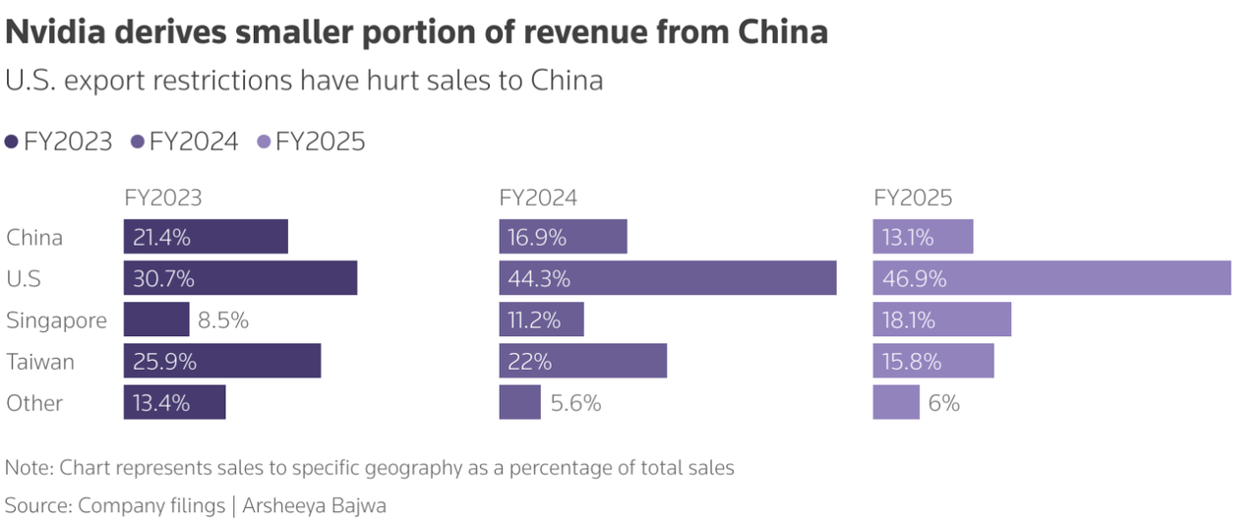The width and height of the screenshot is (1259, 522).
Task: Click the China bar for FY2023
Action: point(206,237)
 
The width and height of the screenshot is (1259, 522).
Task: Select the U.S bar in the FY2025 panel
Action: point(1051,278)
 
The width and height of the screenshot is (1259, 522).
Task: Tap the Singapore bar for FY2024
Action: point(541,319)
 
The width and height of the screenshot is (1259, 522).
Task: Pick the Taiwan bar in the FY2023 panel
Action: point(222,361)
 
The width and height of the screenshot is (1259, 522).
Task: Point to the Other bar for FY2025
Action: point(896,402)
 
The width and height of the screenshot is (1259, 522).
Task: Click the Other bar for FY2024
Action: point(519,402)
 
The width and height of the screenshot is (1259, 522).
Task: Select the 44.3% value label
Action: point(539,279)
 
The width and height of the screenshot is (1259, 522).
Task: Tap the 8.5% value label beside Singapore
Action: point(223,320)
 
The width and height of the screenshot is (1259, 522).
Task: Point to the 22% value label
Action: point(529,362)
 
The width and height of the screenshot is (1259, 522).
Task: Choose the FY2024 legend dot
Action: point(138,143)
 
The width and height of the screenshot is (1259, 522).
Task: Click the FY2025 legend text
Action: point(321,143)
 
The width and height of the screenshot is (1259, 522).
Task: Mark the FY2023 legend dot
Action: point(12,143)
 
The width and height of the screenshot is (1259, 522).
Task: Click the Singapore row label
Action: point(56,320)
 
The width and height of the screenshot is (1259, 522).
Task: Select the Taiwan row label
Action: point(40,362)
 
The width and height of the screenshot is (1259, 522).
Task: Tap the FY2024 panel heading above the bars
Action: point(538,198)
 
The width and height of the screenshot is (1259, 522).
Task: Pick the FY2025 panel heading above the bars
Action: point(913,198)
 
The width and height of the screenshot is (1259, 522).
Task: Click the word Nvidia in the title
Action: point(57,32)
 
